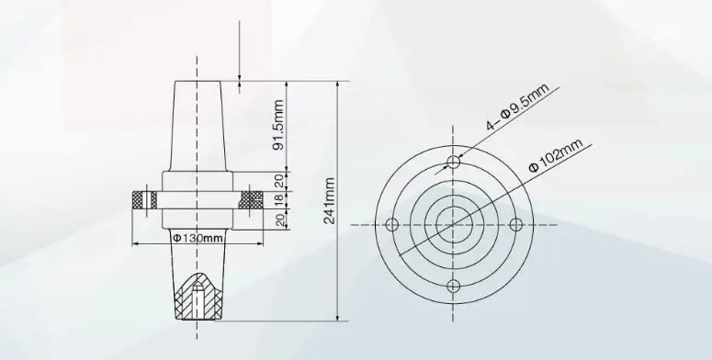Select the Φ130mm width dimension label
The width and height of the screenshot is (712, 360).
[198, 239]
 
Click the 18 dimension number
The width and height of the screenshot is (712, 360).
[279, 199]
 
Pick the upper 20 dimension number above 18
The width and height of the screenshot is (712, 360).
[279, 180]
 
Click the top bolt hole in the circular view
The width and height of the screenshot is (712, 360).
[453, 163]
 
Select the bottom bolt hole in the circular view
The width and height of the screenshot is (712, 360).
[453, 286]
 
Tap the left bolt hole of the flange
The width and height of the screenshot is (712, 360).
[391, 224]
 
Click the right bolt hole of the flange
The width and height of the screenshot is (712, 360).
[514, 224]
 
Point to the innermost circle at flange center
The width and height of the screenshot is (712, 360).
[453, 224]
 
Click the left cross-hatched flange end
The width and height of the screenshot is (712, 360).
[143, 199]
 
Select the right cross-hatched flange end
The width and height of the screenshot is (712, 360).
[251, 199]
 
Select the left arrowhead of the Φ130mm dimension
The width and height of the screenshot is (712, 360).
[138, 244]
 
